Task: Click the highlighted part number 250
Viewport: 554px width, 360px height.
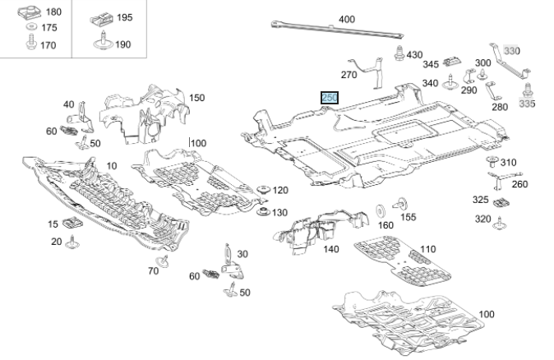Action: click(x=330, y=98)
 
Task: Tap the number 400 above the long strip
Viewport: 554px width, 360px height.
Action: click(x=346, y=19)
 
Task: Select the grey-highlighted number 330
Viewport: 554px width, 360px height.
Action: click(x=512, y=51)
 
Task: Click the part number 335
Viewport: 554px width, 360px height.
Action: click(x=527, y=105)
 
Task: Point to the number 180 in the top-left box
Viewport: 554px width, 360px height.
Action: click(x=52, y=12)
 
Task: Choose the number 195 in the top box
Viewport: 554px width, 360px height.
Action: click(x=123, y=16)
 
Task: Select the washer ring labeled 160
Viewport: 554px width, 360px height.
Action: click(x=382, y=207)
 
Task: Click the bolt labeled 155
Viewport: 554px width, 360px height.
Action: click(x=403, y=202)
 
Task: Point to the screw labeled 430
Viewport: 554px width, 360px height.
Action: click(x=399, y=56)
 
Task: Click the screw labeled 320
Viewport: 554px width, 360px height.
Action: click(x=500, y=219)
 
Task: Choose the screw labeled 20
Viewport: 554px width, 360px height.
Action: click(x=72, y=242)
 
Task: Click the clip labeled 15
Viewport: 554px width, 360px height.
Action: click(x=71, y=223)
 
